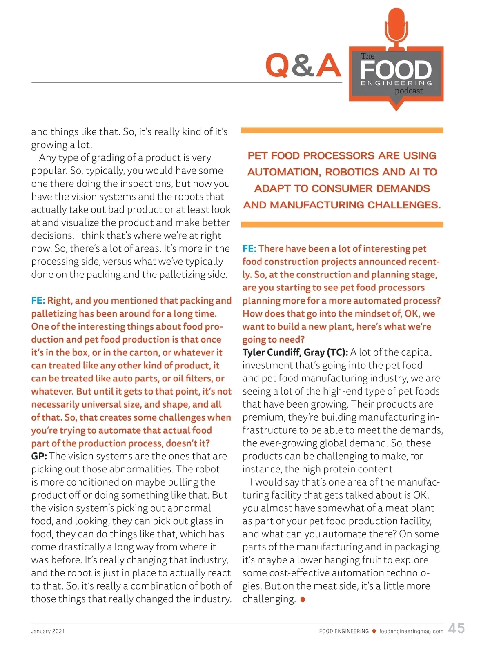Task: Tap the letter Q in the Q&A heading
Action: pos(277,65)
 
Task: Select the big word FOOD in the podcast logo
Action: pos(396,70)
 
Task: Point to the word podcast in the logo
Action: pos(409,91)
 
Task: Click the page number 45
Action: pos(456,628)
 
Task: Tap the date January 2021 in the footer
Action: pos(48,631)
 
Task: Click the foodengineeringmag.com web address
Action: pos(411,631)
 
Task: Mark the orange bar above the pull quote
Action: pos(342,131)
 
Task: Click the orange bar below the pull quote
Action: pos(342,224)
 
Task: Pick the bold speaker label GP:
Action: pos(39,456)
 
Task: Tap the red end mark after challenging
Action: pos(303,599)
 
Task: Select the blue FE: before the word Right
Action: pos(38,301)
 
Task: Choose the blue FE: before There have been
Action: pos(249,249)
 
